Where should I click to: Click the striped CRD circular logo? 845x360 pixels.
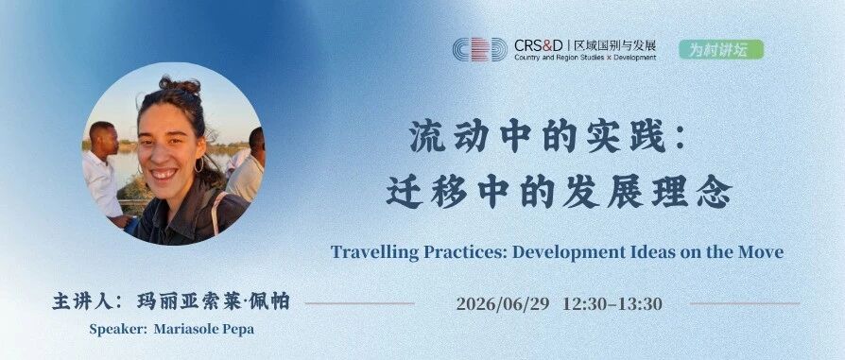pos(479,49)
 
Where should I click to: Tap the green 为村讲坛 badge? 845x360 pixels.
pos(721,49)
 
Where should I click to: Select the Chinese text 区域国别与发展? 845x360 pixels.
pos(615,44)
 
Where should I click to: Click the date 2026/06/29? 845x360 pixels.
pos(503,304)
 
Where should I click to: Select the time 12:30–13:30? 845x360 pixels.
pos(612,304)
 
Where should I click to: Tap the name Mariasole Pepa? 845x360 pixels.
pos(204,329)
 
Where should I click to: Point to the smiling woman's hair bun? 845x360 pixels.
pos(180,85)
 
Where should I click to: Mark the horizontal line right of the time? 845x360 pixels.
pos(745,303)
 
